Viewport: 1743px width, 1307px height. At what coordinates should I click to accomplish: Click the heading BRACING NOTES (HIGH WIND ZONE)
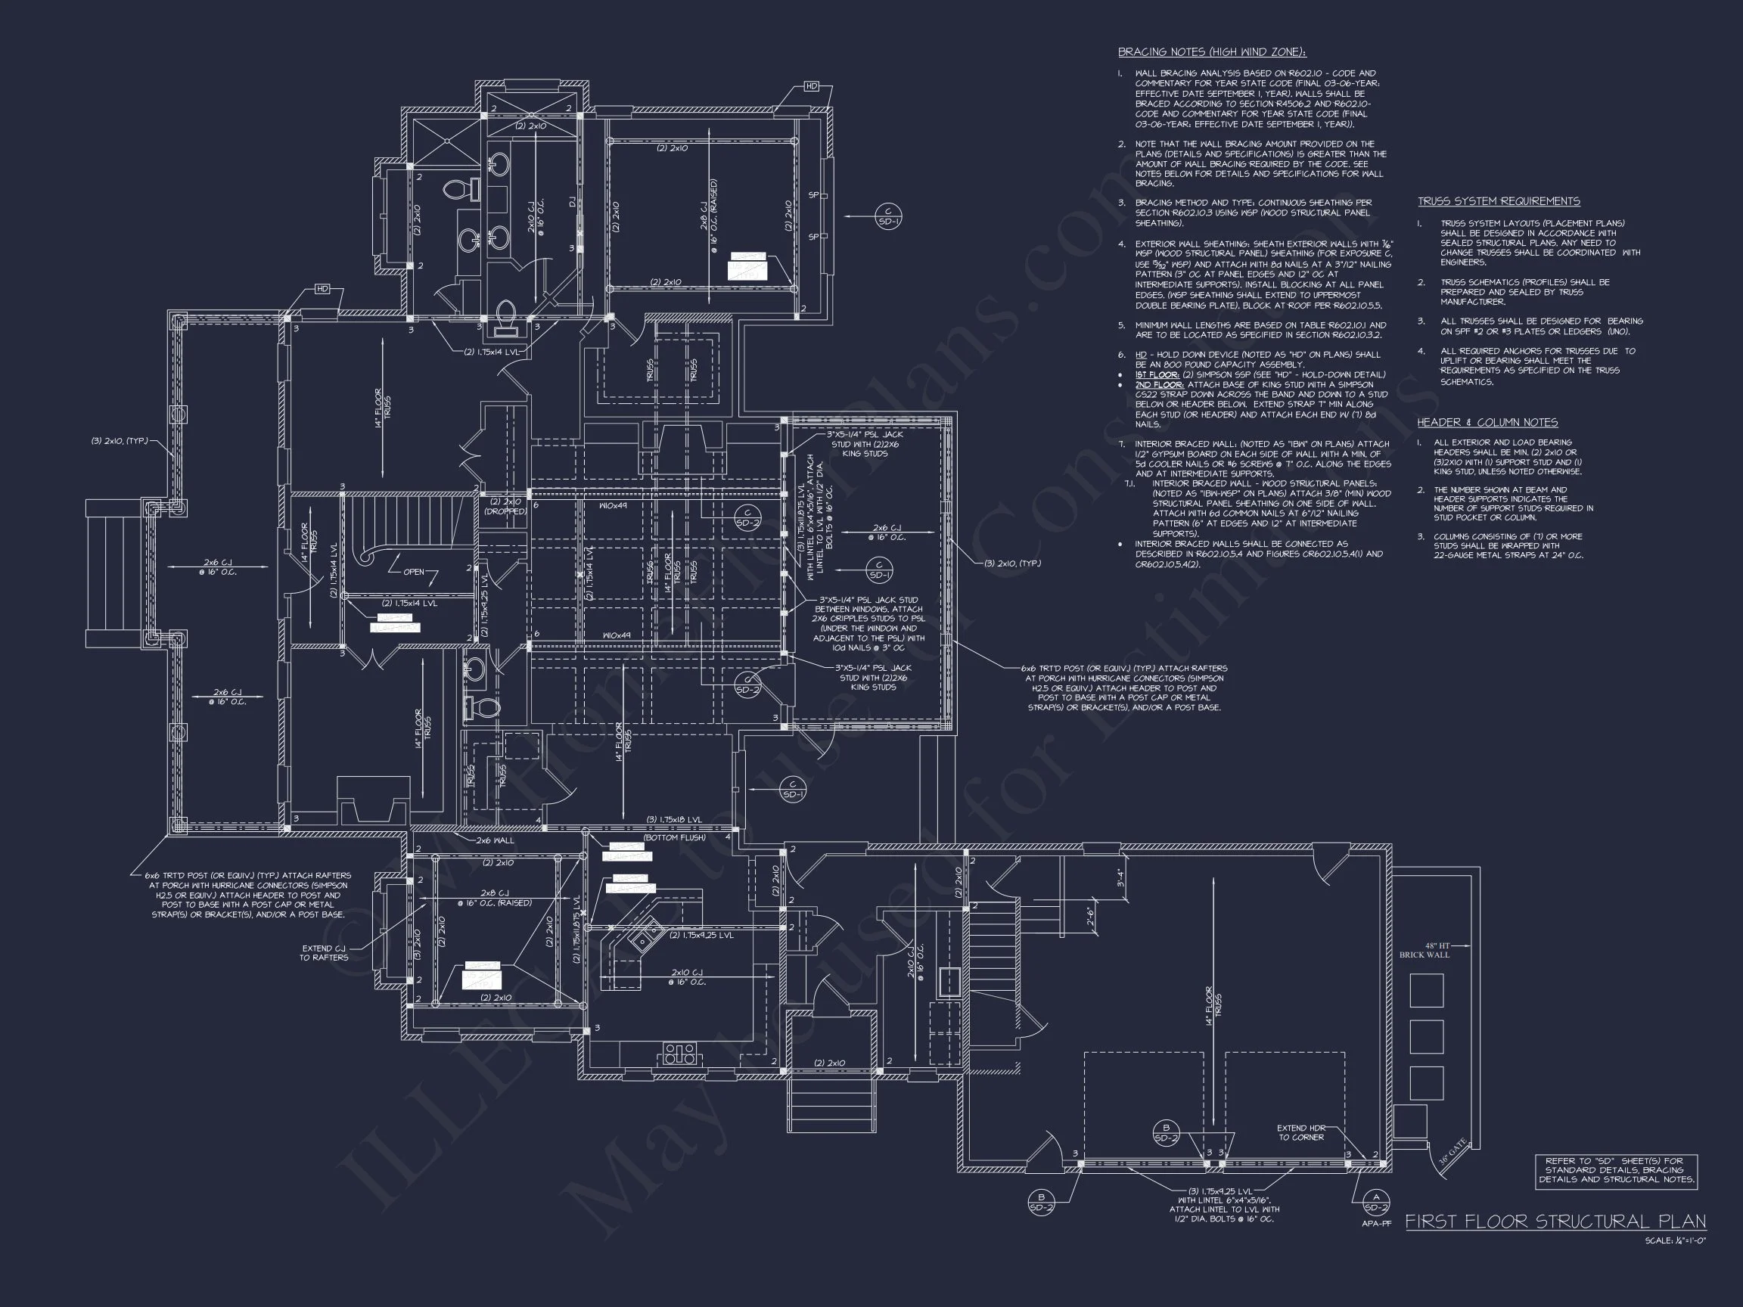point(1212,52)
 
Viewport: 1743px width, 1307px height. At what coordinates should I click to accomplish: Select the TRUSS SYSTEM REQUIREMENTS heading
point(1499,201)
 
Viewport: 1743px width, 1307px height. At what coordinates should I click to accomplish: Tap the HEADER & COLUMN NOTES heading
point(1487,422)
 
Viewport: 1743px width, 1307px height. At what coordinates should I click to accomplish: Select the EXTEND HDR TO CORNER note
point(1301,1132)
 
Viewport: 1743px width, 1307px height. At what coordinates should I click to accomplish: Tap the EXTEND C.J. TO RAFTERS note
point(324,952)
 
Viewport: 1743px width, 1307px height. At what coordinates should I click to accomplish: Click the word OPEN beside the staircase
point(414,572)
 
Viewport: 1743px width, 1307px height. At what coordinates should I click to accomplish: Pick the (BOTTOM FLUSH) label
point(674,837)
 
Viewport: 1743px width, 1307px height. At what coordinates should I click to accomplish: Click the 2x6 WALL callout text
point(495,840)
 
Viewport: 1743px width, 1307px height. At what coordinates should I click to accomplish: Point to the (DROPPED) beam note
point(506,511)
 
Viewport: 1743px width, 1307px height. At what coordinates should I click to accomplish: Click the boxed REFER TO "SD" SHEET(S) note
point(1615,1170)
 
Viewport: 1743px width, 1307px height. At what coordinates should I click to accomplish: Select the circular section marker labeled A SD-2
point(1376,1202)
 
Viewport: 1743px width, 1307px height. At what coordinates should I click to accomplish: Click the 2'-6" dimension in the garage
point(1090,917)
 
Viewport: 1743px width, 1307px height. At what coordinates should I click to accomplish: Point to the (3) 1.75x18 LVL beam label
point(674,819)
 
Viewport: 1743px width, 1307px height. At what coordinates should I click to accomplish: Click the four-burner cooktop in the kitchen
point(679,1054)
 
